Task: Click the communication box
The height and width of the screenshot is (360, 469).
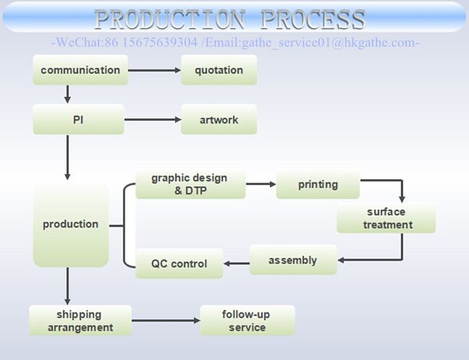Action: [80, 70]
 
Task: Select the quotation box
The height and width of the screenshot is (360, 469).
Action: [219, 70]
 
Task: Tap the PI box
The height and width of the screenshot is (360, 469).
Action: [78, 119]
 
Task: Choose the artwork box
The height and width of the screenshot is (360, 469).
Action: [219, 120]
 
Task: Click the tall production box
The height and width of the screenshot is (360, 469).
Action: [71, 224]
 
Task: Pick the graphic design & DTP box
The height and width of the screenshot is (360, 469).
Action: [190, 184]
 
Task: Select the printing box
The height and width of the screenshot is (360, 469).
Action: [318, 184]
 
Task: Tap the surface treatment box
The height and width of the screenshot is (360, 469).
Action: [386, 219]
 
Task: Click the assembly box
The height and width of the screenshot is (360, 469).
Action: [293, 260]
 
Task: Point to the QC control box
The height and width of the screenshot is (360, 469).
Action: [180, 263]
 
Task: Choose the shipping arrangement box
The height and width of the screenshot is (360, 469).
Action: [80, 320]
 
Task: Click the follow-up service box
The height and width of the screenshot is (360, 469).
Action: [247, 320]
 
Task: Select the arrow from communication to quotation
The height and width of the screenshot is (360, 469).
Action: [154, 70]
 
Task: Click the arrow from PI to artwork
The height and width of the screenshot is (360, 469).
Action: [153, 120]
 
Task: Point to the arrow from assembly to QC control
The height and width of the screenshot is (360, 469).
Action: [237, 263]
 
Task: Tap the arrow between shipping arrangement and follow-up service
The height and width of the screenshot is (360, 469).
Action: [165, 321]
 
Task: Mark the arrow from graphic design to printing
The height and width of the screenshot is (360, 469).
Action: [261, 184]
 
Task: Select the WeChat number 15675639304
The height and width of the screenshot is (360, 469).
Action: [160, 43]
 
